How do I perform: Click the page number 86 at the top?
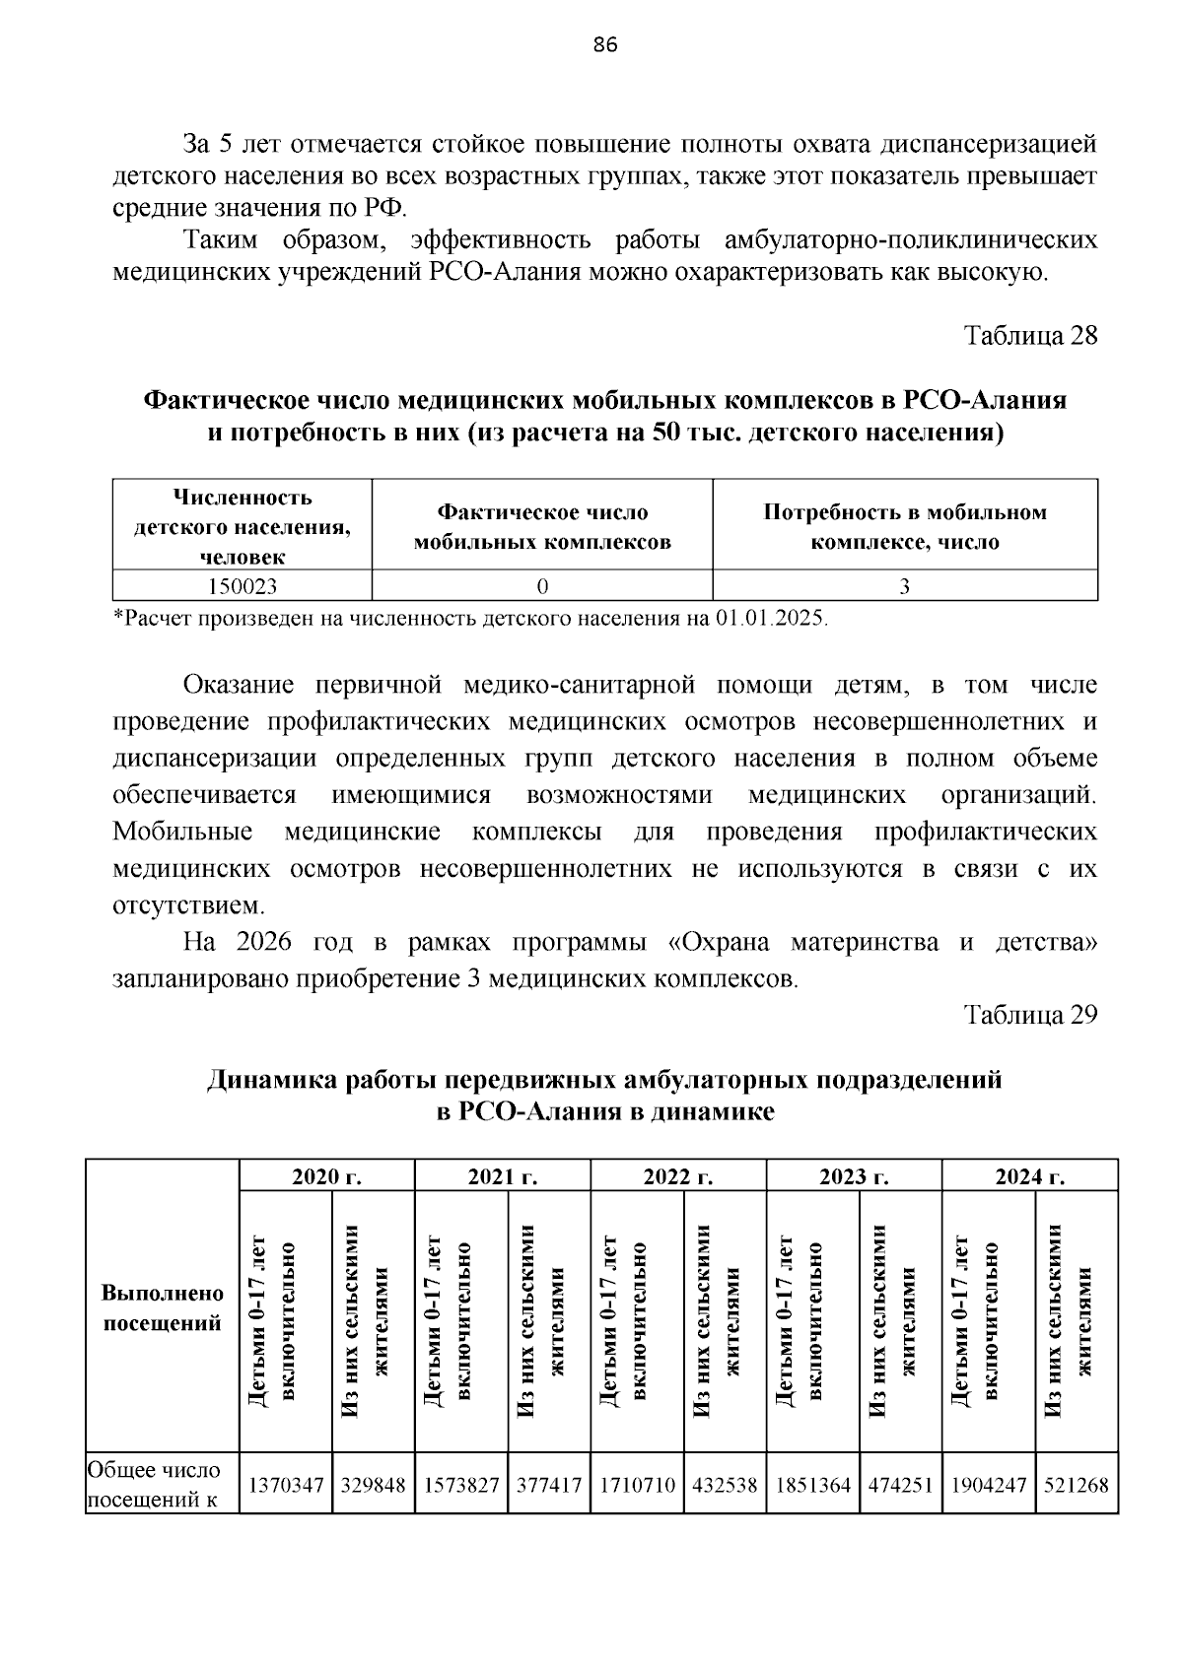605,45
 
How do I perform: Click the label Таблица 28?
1030,336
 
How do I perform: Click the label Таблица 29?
1030,1016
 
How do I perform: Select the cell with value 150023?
243,586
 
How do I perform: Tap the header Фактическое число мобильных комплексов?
542,527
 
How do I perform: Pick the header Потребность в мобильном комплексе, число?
904,527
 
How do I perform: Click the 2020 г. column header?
327,1176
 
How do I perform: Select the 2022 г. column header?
678,1176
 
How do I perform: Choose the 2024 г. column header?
1029,1176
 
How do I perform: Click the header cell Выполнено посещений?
163,1307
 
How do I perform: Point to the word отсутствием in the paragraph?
188,905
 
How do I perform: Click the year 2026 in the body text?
264,943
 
